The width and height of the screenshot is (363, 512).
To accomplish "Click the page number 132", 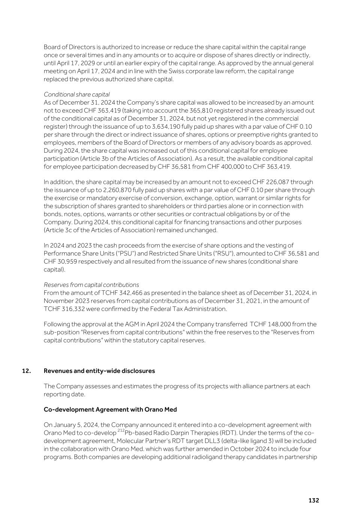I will tap(313, 500).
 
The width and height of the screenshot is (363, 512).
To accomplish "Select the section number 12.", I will tap(26, 371).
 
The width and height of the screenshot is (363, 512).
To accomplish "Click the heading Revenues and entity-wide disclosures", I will tap(99, 371).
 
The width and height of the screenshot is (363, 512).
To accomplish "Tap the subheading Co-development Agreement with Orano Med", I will tap(110, 410).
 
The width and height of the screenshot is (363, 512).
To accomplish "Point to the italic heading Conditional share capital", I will tap(76, 95).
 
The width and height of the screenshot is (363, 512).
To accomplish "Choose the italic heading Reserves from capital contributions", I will tap(91, 285).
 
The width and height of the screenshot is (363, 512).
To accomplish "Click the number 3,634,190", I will tap(169, 127).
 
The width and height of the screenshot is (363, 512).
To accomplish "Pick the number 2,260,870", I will tap(120, 190).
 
